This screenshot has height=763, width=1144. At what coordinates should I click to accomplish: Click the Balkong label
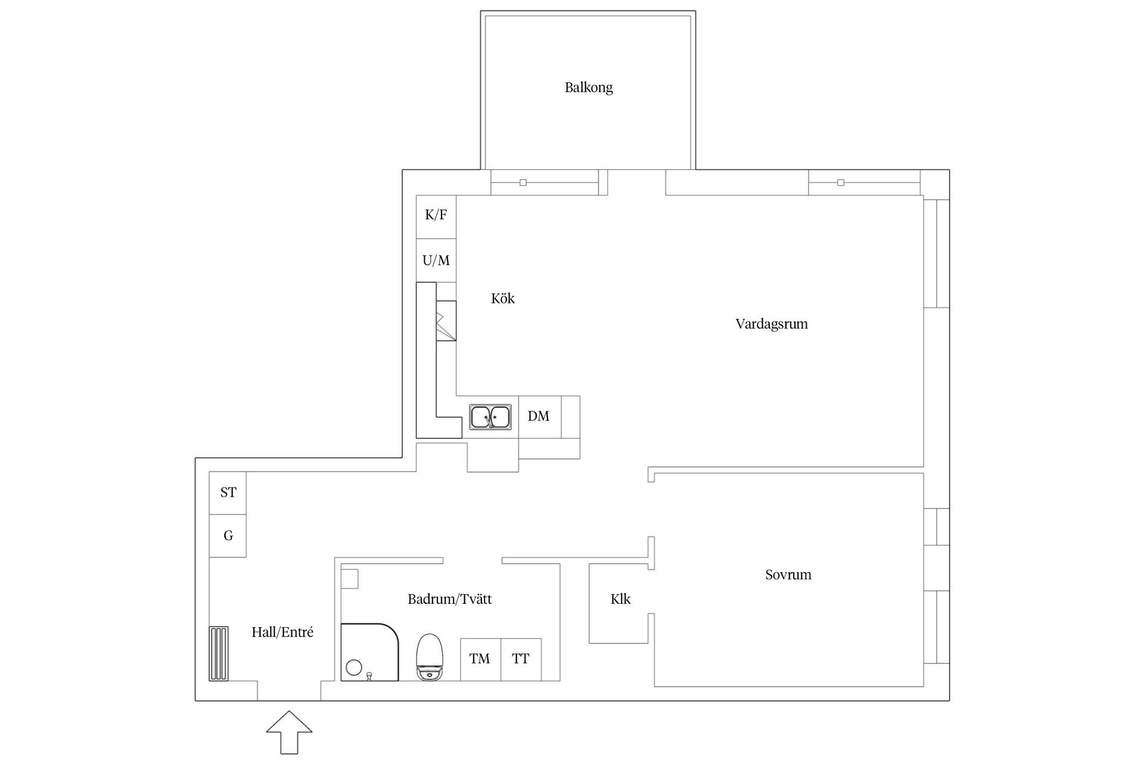(x=588, y=88)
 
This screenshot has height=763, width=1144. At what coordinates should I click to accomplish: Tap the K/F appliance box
(x=436, y=216)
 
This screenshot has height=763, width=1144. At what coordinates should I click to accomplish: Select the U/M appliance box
(x=436, y=260)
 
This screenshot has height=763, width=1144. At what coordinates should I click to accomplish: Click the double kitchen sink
(x=490, y=417)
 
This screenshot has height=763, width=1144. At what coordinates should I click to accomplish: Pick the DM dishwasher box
(x=539, y=417)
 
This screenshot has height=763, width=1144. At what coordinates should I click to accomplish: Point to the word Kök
(x=502, y=299)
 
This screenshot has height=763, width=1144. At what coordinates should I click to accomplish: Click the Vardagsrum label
(x=771, y=324)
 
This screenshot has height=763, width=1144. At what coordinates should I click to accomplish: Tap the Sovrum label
(x=788, y=575)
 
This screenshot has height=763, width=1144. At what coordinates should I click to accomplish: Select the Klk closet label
(x=620, y=600)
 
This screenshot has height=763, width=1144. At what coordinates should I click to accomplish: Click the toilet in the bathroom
(x=430, y=657)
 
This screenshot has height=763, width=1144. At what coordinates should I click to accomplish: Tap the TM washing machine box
(x=480, y=659)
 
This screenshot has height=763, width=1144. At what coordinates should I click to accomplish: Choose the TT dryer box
(x=521, y=659)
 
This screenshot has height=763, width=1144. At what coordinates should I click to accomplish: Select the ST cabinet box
(x=228, y=492)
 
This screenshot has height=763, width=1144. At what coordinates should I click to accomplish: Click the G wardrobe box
(x=228, y=536)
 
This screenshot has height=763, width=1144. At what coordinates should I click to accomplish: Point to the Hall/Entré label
(x=282, y=632)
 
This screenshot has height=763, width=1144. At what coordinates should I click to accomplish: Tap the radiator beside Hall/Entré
(x=218, y=653)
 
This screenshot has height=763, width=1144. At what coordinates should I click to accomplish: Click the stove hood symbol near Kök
(x=446, y=321)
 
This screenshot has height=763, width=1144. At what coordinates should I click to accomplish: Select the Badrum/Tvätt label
(x=449, y=600)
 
